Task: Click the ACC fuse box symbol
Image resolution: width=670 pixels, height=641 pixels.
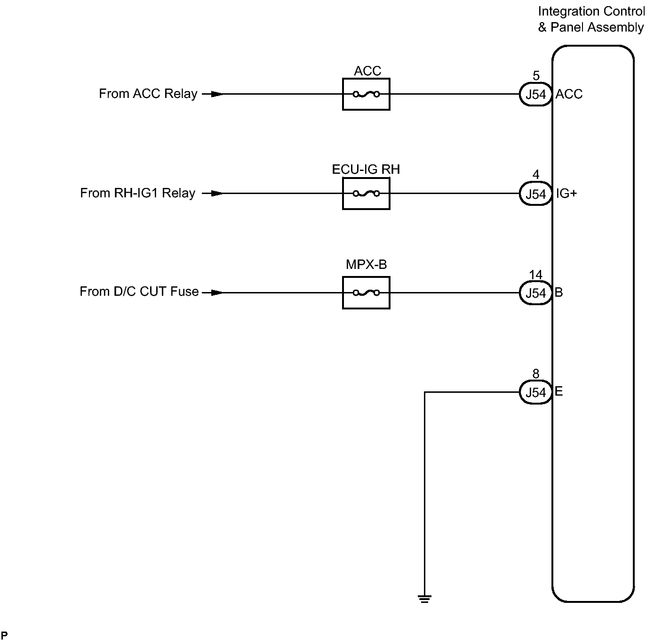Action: pyautogui.click(x=366, y=94)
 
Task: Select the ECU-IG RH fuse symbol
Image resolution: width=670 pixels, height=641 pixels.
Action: pyautogui.click(x=366, y=194)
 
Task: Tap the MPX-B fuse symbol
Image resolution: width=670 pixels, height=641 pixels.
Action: pyautogui.click(x=366, y=293)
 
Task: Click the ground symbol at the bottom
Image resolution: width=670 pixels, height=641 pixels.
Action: pyautogui.click(x=424, y=599)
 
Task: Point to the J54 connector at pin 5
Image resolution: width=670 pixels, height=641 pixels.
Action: pyautogui.click(x=535, y=95)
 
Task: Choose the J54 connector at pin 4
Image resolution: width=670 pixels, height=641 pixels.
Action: pyautogui.click(x=535, y=194)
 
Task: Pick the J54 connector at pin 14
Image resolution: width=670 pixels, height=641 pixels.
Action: pyautogui.click(x=535, y=293)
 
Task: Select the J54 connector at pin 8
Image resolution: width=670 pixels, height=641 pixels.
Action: pyautogui.click(x=535, y=393)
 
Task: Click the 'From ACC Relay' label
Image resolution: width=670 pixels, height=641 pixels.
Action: pyautogui.click(x=148, y=94)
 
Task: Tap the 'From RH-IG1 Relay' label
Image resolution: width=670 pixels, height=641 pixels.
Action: pyautogui.click(x=137, y=193)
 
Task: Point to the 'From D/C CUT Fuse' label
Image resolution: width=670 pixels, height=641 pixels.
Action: pyautogui.click(x=139, y=292)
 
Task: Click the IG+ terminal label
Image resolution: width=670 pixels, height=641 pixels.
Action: pyautogui.click(x=566, y=194)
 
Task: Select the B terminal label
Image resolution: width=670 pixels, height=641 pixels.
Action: pyautogui.click(x=559, y=292)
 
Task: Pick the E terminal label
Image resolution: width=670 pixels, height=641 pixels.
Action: pyautogui.click(x=559, y=392)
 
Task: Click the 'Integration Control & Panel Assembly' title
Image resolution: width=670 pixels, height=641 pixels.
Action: pyautogui.click(x=591, y=19)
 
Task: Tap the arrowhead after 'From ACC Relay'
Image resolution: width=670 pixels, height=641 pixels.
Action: pyautogui.click(x=216, y=94)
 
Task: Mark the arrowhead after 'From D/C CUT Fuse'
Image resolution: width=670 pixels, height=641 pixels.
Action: pyautogui.click(x=216, y=293)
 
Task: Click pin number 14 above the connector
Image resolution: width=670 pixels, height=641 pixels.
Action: pyautogui.click(x=535, y=275)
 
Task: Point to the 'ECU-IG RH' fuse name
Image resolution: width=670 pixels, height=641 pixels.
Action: pyautogui.click(x=366, y=170)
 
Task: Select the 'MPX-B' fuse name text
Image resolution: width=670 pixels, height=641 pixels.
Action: pyautogui.click(x=366, y=265)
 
